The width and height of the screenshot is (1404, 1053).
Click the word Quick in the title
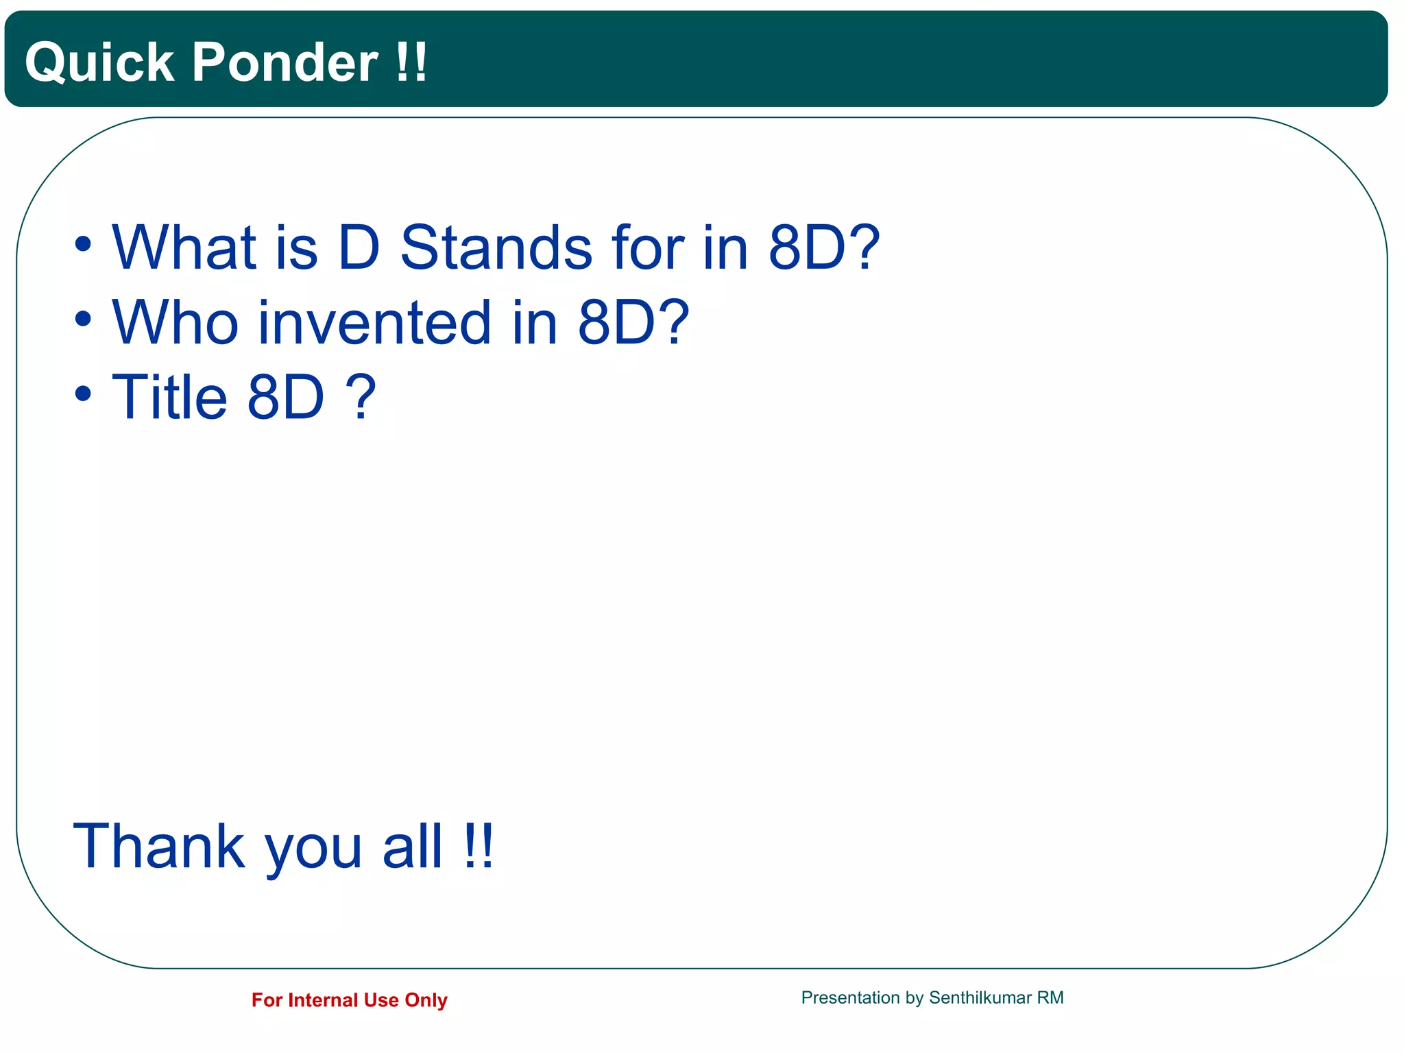pyautogui.click(x=99, y=63)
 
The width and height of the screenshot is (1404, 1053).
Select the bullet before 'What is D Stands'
pyautogui.click(x=83, y=244)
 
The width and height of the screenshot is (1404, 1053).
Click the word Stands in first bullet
pyautogui.click(x=496, y=247)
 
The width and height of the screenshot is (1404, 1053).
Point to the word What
pyautogui.click(x=184, y=247)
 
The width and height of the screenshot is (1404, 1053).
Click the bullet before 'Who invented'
pyautogui.click(x=83, y=319)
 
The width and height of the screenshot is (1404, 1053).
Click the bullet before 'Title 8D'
pyautogui.click(x=83, y=394)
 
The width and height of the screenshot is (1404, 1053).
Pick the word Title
pyautogui.click(x=169, y=398)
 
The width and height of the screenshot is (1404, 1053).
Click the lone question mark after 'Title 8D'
pyautogui.click(x=361, y=398)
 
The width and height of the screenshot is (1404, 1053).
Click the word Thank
pyautogui.click(x=159, y=847)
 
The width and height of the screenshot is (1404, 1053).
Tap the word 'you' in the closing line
pyautogui.click(x=313, y=850)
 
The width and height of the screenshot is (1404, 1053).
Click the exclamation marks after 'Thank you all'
pyautogui.click(x=478, y=847)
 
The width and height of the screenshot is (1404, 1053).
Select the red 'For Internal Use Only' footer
pyautogui.click(x=349, y=1000)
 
